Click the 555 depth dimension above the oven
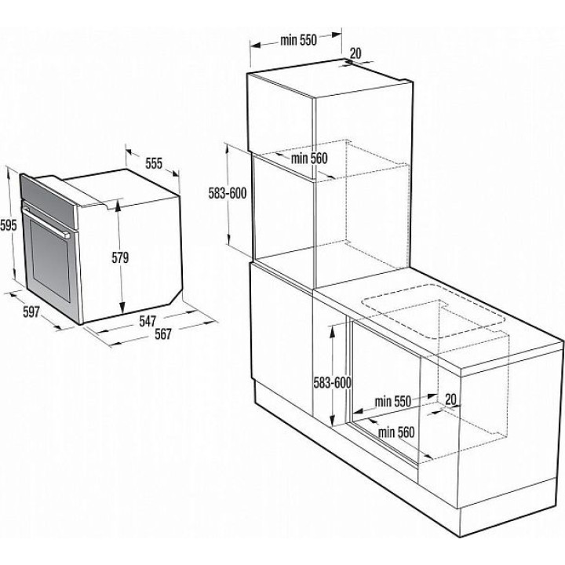[x=154, y=163]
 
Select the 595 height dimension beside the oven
[x=9, y=225]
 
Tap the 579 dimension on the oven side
[x=120, y=257]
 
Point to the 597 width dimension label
[x=31, y=312]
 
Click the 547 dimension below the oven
[x=148, y=321]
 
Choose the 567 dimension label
[x=163, y=334]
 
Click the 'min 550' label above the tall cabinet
[x=298, y=40]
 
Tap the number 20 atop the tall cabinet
[x=355, y=53]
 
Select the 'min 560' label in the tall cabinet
[x=309, y=159]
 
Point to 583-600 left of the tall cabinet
[x=228, y=194]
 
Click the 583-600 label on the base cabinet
[x=332, y=383]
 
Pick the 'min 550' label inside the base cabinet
[x=393, y=402]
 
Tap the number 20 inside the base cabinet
[x=450, y=399]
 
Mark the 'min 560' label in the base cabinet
[x=396, y=432]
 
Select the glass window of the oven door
[x=49, y=260]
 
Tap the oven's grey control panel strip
[x=49, y=202]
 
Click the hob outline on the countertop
[x=432, y=312]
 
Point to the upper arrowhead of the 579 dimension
[x=118, y=205]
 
